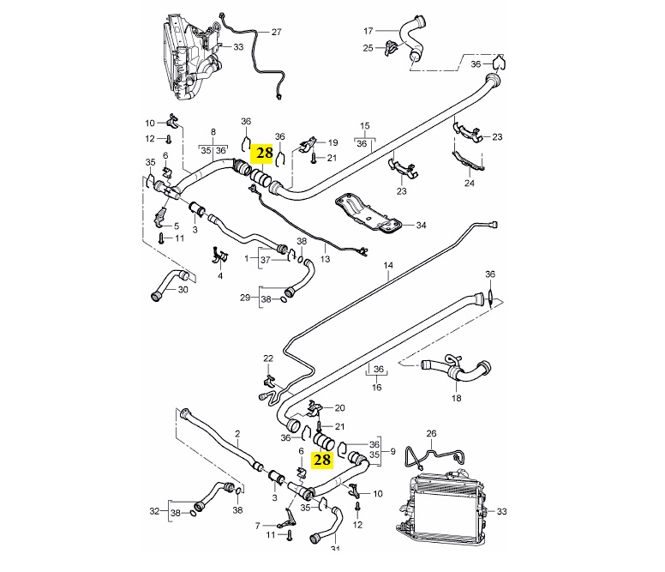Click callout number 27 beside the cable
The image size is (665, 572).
[x=276, y=32]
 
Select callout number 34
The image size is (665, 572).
[x=420, y=226]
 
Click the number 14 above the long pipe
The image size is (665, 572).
[x=387, y=267]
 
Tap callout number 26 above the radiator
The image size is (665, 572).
[x=431, y=435]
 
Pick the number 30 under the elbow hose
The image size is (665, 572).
[x=182, y=289]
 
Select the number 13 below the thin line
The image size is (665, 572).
[x=325, y=258]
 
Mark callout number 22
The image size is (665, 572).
[x=267, y=358]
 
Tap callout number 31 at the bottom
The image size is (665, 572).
[x=335, y=550]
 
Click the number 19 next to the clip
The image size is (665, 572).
[x=332, y=142]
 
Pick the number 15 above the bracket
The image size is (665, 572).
[x=364, y=125]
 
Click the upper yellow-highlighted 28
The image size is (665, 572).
[x=263, y=154]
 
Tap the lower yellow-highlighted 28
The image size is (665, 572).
[x=322, y=461]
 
